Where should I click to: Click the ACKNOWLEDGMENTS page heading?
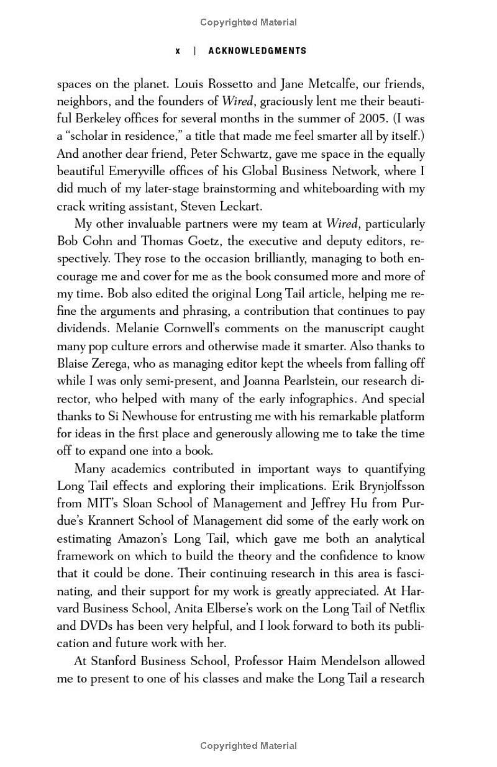[x=257, y=51]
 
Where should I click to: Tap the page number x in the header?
[x=178, y=51]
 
